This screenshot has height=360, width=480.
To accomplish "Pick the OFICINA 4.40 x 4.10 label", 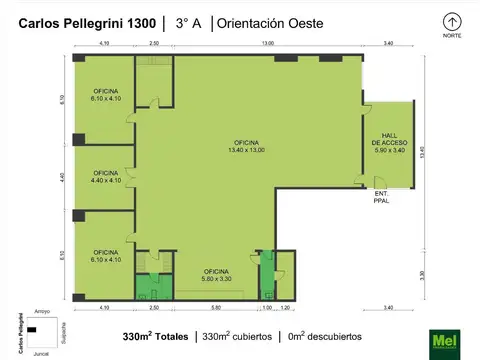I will [105, 177].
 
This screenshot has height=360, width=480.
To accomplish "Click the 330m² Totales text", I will [155, 335].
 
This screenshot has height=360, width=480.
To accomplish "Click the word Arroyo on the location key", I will [41, 312].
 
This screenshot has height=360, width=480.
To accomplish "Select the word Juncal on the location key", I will [41, 353].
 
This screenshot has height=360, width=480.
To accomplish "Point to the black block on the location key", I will [32, 329].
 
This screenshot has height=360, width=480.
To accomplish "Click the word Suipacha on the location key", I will [63, 332].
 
